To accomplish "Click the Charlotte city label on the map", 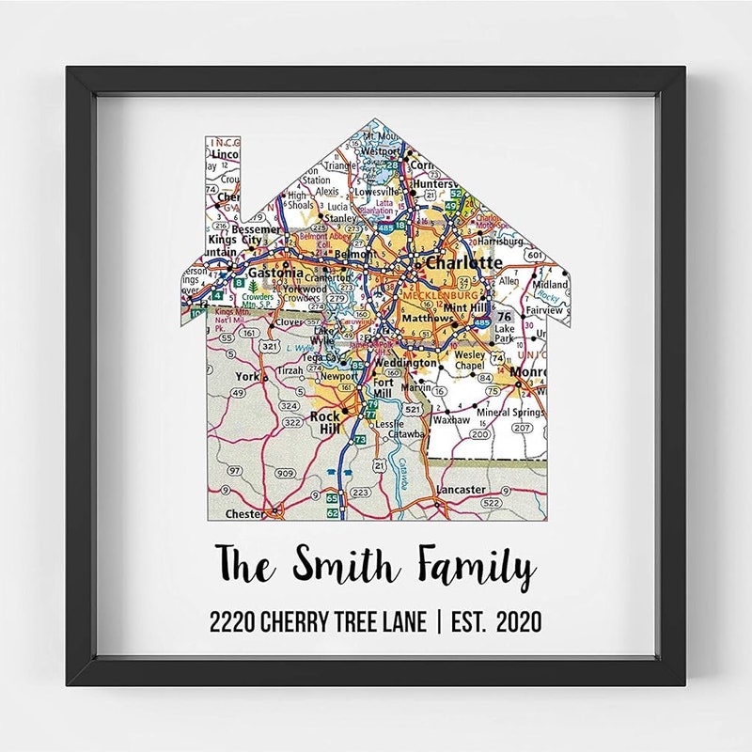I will pos(463,263).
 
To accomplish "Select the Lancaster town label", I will pos(461,490).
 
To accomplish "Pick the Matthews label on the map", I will pos(427,319).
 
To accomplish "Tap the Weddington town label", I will pos(405,363).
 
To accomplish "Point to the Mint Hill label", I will pos(465,307).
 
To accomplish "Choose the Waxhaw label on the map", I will pos(452,420).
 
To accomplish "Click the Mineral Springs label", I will pos(510,412).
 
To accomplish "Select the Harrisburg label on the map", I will pos(499,241).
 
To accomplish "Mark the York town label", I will pos(246,376).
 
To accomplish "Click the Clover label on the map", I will pos(290,321).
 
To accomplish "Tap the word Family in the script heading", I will pos(478,567).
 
